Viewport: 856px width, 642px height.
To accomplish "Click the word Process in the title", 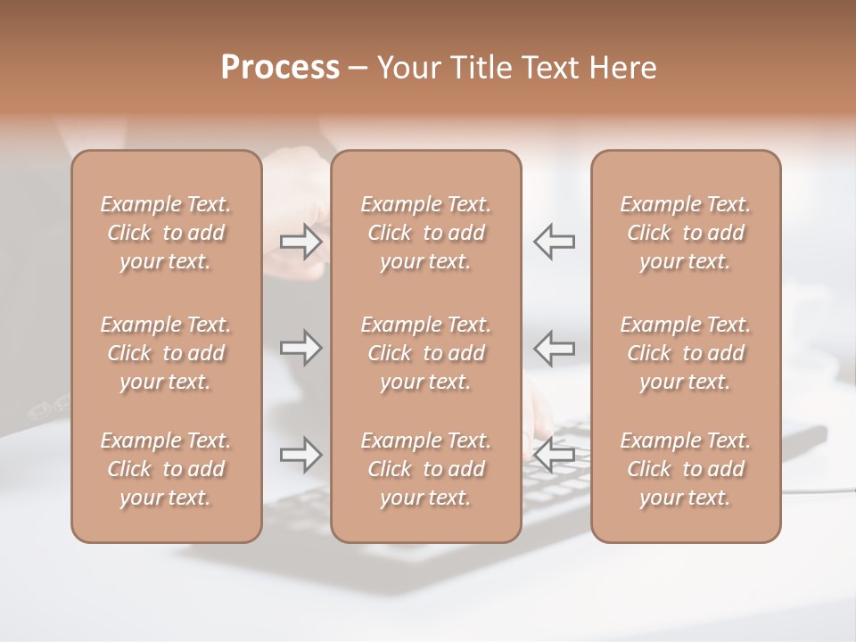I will [x=280, y=68].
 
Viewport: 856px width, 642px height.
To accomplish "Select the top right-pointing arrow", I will [x=301, y=242].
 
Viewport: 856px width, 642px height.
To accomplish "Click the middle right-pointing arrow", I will [x=301, y=348].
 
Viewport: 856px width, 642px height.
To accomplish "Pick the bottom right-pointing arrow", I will [x=301, y=455].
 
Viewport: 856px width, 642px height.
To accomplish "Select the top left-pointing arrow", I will [x=555, y=242].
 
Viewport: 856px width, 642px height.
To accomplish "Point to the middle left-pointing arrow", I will [x=555, y=348].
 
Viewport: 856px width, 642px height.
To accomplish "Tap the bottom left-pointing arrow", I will [x=555, y=455].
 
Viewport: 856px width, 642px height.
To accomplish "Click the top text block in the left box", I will [x=166, y=233].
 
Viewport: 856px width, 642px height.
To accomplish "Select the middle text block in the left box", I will [x=166, y=353].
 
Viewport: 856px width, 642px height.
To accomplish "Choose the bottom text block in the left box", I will [x=166, y=469].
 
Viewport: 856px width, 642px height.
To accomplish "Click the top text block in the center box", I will [x=426, y=233].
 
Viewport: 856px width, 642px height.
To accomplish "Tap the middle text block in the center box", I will [x=426, y=353].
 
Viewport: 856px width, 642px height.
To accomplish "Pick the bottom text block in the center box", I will [x=426, y=469].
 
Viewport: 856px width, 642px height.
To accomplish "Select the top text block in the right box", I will [x=686, y=233].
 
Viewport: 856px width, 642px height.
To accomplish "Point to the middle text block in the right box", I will [x=686, y=353].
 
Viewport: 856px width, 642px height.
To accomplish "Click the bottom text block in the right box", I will [x=686, y=469].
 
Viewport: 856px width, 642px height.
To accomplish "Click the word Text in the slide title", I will [x=547, y=68].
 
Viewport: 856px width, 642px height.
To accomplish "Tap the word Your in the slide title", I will [x=407, y=68].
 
